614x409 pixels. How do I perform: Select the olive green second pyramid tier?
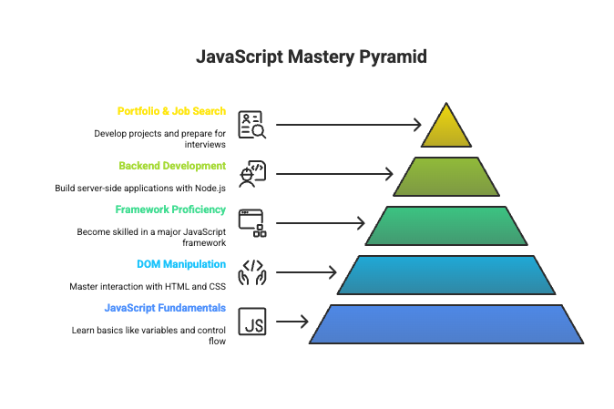pos(446,176)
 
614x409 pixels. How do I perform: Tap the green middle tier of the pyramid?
pos(446,225)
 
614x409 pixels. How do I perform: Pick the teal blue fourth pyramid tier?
pos(446,274)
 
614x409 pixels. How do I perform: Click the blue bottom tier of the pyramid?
pos(446,323)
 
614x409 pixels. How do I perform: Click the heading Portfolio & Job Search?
pos(171,111)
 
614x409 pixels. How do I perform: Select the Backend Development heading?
pos(172,166)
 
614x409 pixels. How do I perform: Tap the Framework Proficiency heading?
pos(170,210)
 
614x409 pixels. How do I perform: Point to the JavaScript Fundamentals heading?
pos(165,308)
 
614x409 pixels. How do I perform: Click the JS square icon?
pos(251,322)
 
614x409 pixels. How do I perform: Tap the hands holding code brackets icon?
pos(251,272)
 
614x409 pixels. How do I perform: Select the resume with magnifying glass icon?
pos(251,125)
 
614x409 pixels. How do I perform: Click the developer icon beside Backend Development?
pos(251,174)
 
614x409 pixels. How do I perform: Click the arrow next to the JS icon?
pos(292,322)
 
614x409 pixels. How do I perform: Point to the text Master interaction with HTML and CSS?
pos(148,286)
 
